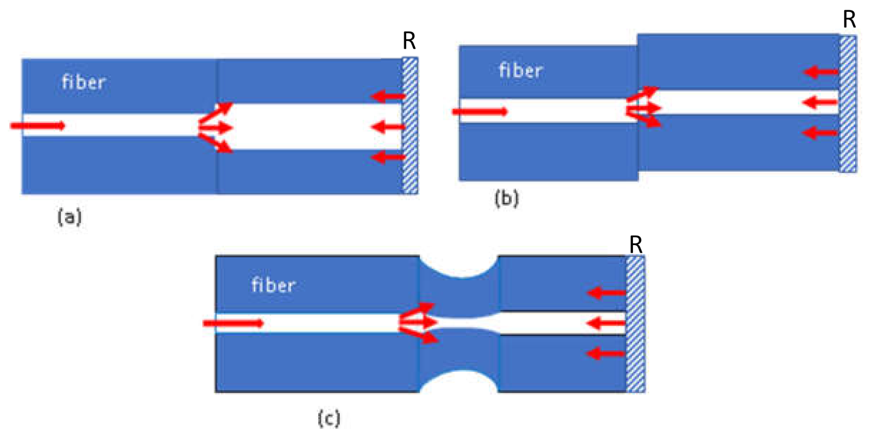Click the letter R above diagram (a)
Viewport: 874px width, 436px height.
pyautogui.click(x=409, y=40)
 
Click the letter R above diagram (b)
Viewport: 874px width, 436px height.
pyautogui.click(x=849, y=20)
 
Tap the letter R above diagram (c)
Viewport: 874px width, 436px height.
pyautogui.click(x=635, y=245)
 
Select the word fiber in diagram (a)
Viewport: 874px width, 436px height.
pyautogui.click(x=84, y=82)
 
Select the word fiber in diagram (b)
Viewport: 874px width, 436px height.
pyautogui.click(x=521, y=70)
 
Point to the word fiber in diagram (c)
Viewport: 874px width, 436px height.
pyautogui.click(x=273, y=285)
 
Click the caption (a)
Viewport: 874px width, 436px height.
pyautogui.click(x=69, y=217)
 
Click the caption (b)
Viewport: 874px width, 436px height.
pyautogui.click(x=506, y=198)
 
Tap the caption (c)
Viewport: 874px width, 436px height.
pyautogui.click(x=328, y=419)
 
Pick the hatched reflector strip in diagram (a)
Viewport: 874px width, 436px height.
pyautogui.click(x=410, y=126)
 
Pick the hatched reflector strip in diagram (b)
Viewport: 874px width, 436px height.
pyautogui.click(x=848, y=104)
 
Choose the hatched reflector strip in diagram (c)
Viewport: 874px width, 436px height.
pyautogui.click(x=635, y=324)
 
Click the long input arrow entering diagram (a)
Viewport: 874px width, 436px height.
pyautogui.click(x=38, y=126)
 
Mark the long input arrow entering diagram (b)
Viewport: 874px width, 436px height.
pyautogui.click(x=480, y=111)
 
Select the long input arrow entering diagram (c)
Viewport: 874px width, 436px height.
pyautogui.click(x=233, y=323)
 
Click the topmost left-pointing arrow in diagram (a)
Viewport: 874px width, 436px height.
pyautogui.click(x=387, y=96)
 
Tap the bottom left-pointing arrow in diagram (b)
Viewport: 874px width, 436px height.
pyautogui.click(x=820, y=133)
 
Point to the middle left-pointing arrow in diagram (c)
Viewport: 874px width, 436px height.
pyautogui.click(x=606, y=323)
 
